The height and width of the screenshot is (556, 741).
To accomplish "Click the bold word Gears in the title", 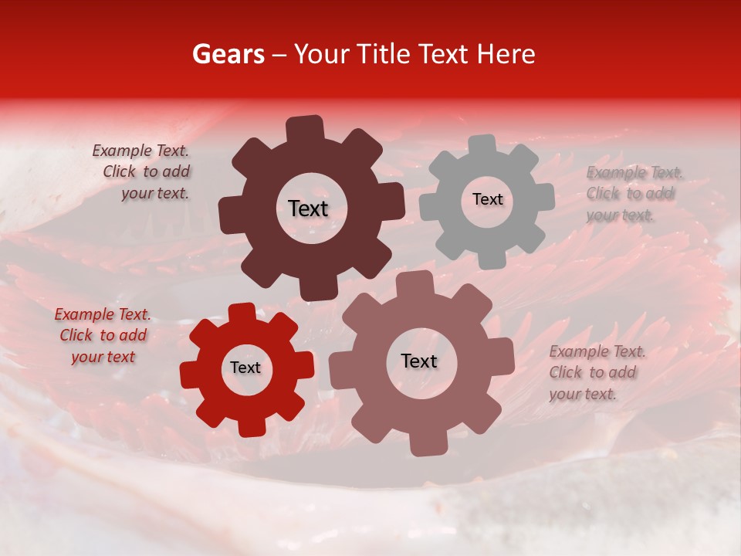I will coord(228,54).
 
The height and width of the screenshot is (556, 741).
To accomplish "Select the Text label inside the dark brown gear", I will coord(308,208).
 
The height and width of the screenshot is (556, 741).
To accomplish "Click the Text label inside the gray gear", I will coord(487,199).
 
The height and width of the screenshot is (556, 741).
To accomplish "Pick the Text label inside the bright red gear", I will coord(245,368).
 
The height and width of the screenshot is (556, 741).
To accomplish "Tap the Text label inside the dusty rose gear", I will coord(418,361).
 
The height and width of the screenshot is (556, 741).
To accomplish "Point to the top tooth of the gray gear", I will coord(482,146).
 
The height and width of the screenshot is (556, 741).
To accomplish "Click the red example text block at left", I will coord(103,335).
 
